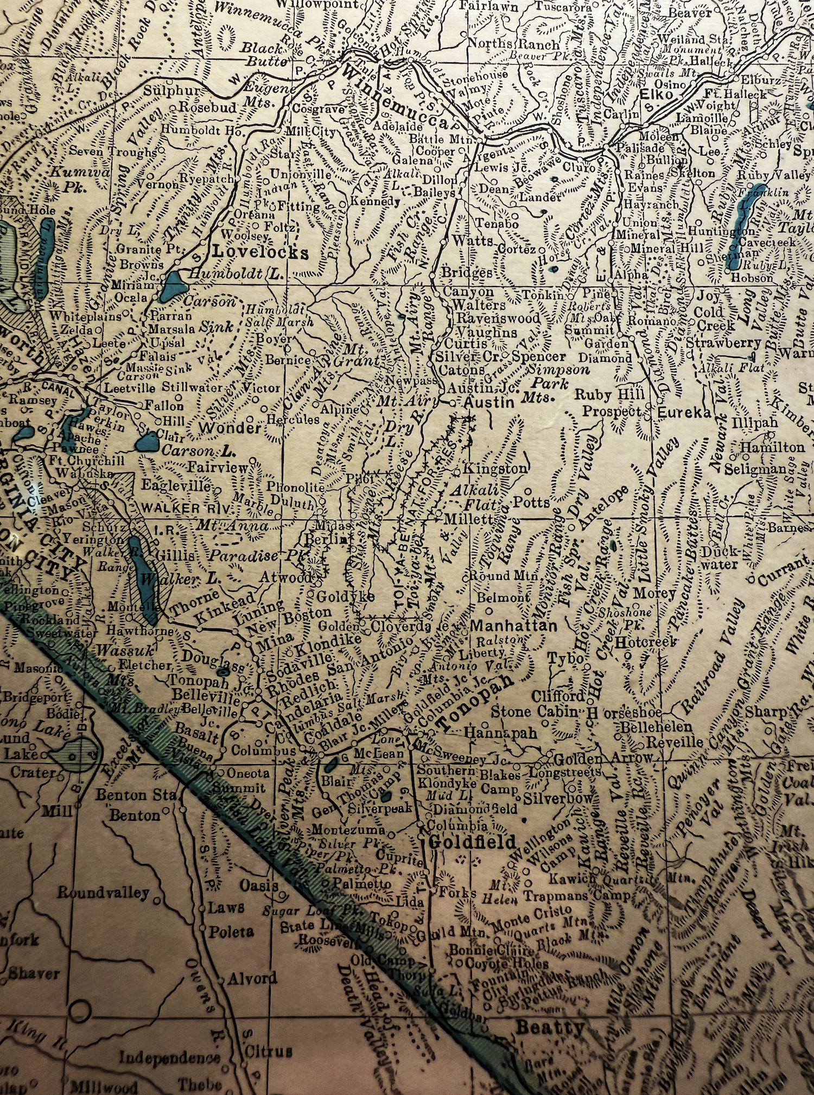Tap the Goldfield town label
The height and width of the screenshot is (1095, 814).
472,842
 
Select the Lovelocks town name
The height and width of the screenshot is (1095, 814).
260,252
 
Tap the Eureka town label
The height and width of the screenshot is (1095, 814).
684,412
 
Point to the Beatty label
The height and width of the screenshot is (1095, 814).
550,1027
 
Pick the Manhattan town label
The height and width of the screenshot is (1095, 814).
513,626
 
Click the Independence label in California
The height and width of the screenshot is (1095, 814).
169,1058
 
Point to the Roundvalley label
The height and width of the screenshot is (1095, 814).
103,893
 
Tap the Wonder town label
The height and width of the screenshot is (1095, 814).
230,428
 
